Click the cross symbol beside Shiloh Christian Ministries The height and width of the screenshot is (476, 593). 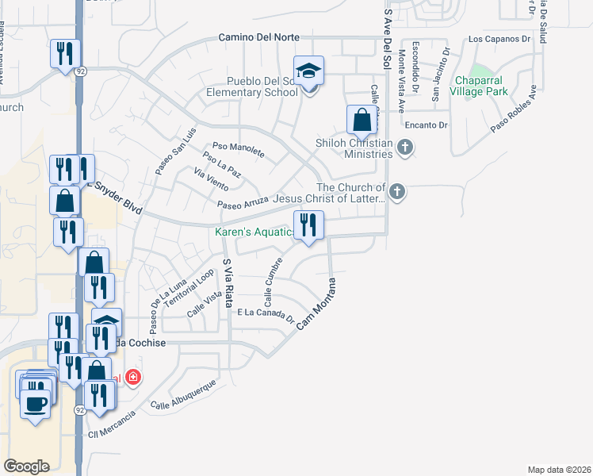click(x=404, y=147)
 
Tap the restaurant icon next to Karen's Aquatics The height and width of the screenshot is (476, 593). click(x=308, y=225)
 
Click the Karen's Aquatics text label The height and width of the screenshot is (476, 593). click(x=255, y=232)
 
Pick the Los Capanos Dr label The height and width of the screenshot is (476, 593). click(x=499, y=38)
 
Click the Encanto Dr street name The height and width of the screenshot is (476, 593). click(x=426, y=125)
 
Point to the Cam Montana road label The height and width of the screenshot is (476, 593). click(x=316, y=305)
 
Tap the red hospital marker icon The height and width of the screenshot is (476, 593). click(x=133, y=376)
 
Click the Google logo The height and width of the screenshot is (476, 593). click(x=26, y=466)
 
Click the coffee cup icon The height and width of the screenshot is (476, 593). click(x=34, y=403)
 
